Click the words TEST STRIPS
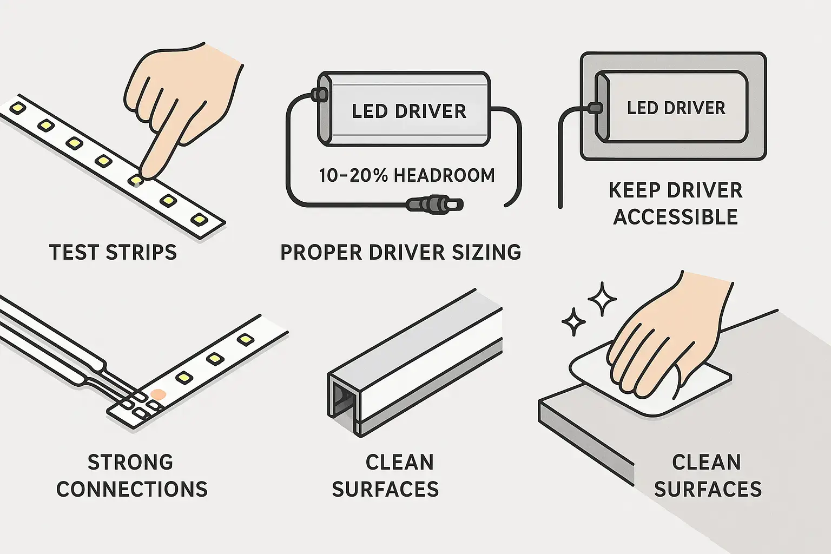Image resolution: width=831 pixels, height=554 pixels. pyautogui.click(x=113, y=253)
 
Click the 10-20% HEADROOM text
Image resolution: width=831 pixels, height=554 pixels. pyautogui.click(x=406, y=176)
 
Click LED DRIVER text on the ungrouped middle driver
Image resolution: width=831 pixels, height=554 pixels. pyautogui.click(x=408, y=111)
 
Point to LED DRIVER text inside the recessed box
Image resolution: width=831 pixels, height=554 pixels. pyautogui.click(x=676, y=108)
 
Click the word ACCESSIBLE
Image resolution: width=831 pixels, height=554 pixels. pyautogui.click(x=675, y=217)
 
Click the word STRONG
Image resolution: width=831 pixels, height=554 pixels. pyautogui.click(x=130, y=463)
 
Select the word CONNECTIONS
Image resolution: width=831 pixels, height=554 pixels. pyautogui.click(x=132, y=489)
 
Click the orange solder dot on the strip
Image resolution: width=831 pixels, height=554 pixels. pyautogui.click(x=157, y=394)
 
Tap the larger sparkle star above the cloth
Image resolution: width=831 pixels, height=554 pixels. pyautogui.click(x=602, y=299)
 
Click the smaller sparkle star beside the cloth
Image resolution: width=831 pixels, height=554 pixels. pyautogui.click(x=573, y=322)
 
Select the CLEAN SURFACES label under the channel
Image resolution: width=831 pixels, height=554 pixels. pyautogui.click(x=385, y=476)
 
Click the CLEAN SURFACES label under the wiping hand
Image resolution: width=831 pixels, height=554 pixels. pyautogui.click(x=707, y=476)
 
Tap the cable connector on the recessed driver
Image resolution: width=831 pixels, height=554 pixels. pyautogui.click(x=595, y=108)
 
